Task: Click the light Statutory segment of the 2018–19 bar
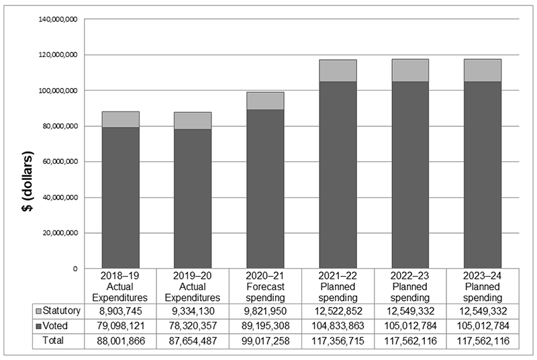tap(120, 120)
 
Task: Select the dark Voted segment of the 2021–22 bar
tap(338, 175)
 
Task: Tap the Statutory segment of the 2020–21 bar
tap(265, 101)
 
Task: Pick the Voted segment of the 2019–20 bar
tap(193, 198)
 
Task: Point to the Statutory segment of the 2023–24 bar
tap(483, 71)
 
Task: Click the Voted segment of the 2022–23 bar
tap(410, 175)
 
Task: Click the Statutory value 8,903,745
tap(120, 311)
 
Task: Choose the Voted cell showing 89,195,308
tap(265, 326)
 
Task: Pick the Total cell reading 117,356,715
tap(338, 341)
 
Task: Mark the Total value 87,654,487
tap(193, 341)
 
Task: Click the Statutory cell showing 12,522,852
tap(338, 311)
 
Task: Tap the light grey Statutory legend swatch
tap(40, 311)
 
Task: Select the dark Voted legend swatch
tap(40, 326)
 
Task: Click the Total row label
tap(54, 341)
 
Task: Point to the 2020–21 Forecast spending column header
tap(265, 287)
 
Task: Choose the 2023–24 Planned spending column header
tap(483, 287)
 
